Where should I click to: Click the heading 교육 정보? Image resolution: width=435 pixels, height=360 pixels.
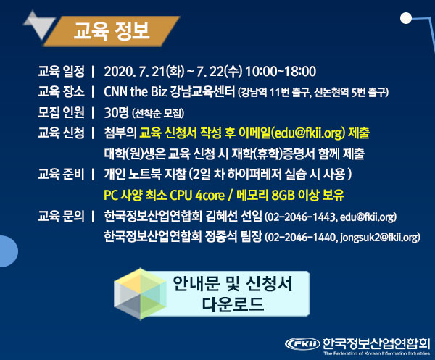click(112, 31)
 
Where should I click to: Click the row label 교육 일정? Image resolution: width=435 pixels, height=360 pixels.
click(61, 71)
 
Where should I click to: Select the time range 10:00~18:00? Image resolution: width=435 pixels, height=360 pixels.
click(281, 72)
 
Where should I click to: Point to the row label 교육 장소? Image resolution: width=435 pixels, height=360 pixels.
click(61, 92)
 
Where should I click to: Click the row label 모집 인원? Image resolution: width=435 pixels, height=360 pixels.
click(61, 112)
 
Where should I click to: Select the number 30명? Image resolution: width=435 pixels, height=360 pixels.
click(116, 112)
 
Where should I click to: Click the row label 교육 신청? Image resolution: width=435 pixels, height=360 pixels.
click(61, 133)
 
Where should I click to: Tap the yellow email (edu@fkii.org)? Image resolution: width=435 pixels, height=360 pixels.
click(308, 133)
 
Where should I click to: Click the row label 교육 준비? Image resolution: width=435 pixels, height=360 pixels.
click(61, 174)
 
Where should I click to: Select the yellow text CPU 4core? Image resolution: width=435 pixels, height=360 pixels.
click(197, 195)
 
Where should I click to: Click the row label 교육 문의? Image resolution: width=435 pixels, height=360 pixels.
click(61, 216)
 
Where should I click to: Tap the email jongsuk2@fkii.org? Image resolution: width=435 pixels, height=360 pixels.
click(378, 238)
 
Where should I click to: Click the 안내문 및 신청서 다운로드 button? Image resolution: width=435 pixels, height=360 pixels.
click(212, 294)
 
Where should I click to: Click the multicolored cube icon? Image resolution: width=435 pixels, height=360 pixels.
click(141, 294)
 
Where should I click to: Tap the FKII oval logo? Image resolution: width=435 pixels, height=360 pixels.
click(302, 344)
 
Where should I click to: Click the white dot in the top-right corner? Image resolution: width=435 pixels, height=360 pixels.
click(406, 18)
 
